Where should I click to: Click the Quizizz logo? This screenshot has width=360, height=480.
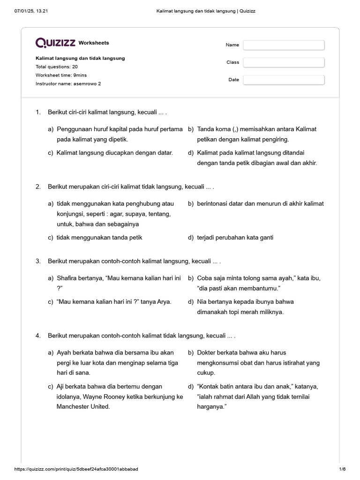coord(55,43)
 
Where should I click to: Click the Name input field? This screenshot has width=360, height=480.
coord(284,45)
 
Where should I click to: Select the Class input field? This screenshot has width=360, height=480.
coord(284,62)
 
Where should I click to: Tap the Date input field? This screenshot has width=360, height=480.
coord(284,80)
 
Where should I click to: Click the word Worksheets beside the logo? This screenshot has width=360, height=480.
coord(94,43)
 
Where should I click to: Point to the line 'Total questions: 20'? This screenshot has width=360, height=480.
coord(57,67)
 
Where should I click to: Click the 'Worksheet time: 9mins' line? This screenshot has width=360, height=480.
coord(61,75)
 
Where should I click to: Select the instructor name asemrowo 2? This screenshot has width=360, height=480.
coord(87,83)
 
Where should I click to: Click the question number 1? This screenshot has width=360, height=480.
coord(38,112)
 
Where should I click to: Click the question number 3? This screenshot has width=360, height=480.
coord(38,261)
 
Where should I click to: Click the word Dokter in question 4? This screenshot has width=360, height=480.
coord(207,352)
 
